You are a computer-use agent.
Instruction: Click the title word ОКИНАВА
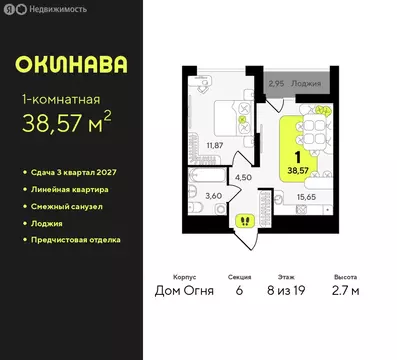(x=71, y=65)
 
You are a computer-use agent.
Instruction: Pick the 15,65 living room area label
(x=305, y=198)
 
